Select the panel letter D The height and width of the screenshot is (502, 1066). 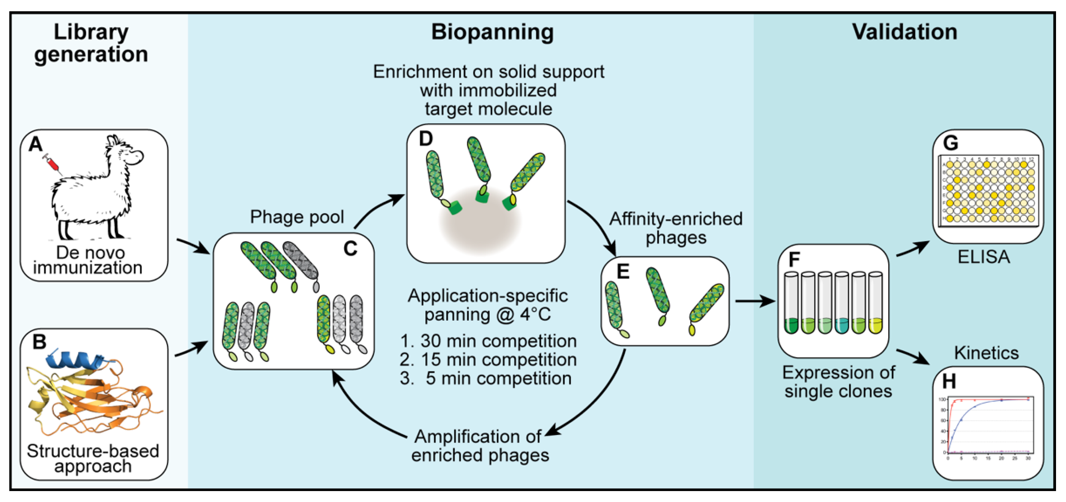point(425,139)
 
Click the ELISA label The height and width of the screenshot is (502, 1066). point(983,257)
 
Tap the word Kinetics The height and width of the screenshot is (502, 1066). point(986,353)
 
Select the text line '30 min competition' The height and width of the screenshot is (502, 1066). point(488,341)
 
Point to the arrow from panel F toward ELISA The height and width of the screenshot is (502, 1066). point(912,249)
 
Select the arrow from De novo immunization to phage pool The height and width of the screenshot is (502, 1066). point(193,246)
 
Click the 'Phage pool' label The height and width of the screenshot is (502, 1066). point(297,217)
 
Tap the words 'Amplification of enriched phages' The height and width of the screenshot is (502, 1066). point(480,446)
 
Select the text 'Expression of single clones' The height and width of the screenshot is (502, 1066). point(838,382)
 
